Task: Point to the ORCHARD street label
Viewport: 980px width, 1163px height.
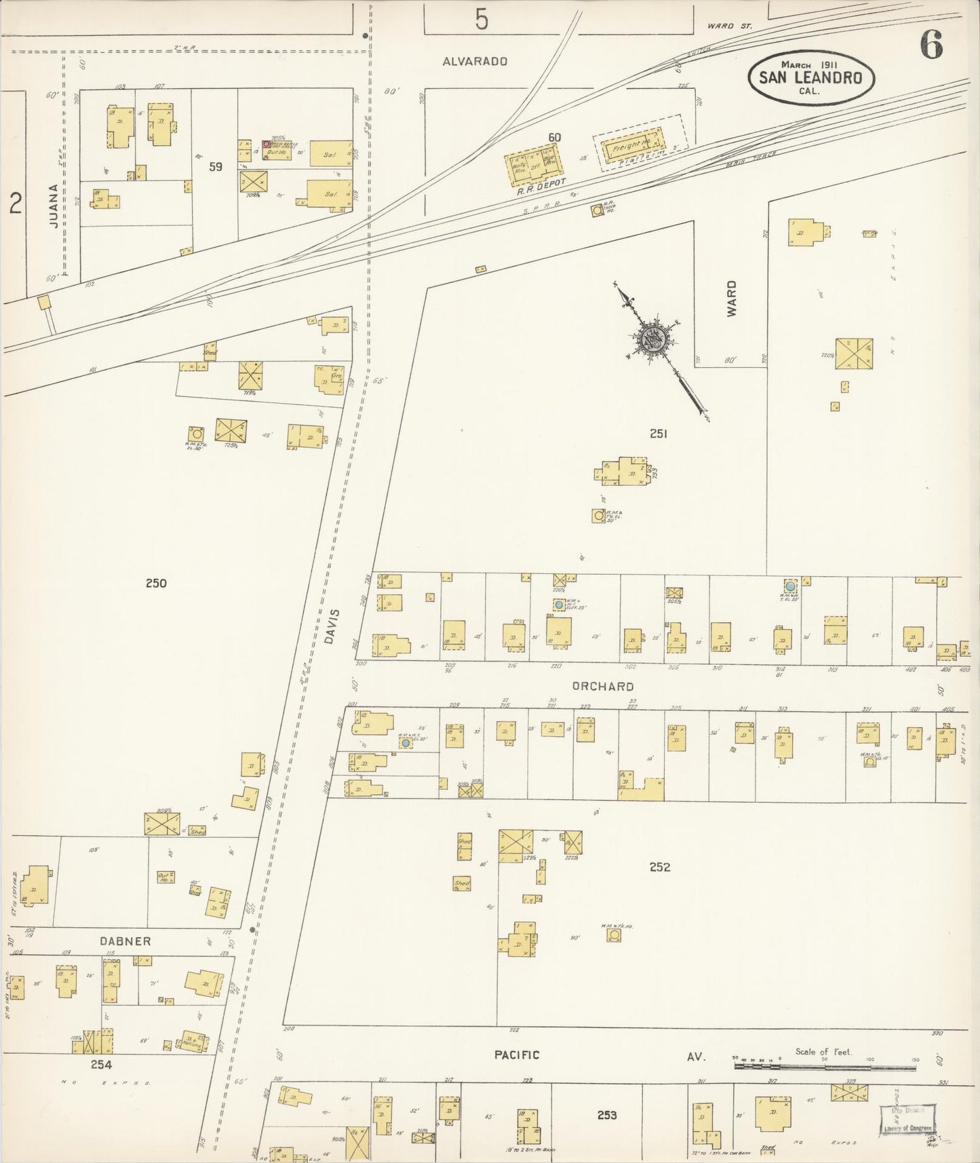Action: click(602, 686)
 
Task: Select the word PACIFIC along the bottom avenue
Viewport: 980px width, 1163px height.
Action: click(517, 1054)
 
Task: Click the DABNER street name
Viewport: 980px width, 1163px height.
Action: click(125, 941)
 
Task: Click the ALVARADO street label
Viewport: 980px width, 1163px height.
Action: click(475, 61)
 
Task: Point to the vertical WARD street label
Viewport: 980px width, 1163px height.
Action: click(731, 299)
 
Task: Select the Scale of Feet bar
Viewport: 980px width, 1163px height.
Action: click(824, 1066)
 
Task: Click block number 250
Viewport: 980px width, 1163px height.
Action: click(156, 583)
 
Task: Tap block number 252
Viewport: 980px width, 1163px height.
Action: click(659, 866)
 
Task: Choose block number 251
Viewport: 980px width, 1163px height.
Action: click(658, 433)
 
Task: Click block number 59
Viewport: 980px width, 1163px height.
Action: click(216, 166)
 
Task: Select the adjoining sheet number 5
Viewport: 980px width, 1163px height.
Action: click(481, 20)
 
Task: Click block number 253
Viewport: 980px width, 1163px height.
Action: click(607, 1115)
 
